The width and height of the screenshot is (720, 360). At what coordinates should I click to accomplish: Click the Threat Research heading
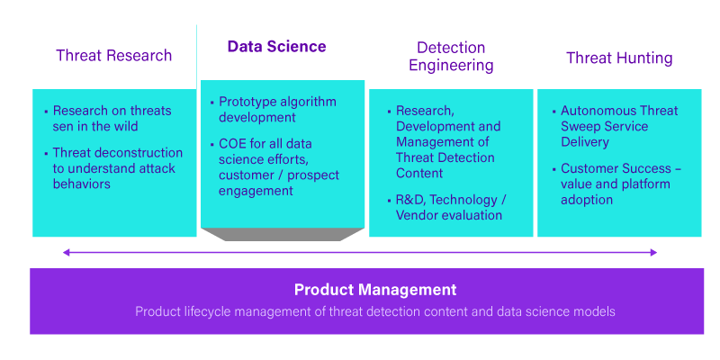click(113, 56)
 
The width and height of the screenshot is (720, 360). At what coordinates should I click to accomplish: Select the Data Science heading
click(276, 47)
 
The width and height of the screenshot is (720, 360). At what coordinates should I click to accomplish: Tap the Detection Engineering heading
click(451, 56)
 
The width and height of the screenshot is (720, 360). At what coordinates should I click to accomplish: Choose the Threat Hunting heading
click(619, 58)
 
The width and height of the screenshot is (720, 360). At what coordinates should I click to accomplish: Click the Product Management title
click(375, 290)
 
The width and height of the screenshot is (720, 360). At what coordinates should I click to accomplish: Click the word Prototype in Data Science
click(249, 102)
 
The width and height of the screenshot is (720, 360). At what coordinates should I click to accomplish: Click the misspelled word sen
click(64, 127)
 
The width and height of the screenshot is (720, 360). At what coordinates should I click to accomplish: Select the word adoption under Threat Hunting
click(587, 199)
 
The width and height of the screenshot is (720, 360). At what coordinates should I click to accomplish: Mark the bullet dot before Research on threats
click(46, 112)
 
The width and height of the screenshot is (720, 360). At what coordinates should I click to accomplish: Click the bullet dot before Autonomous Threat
click(553, 112)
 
